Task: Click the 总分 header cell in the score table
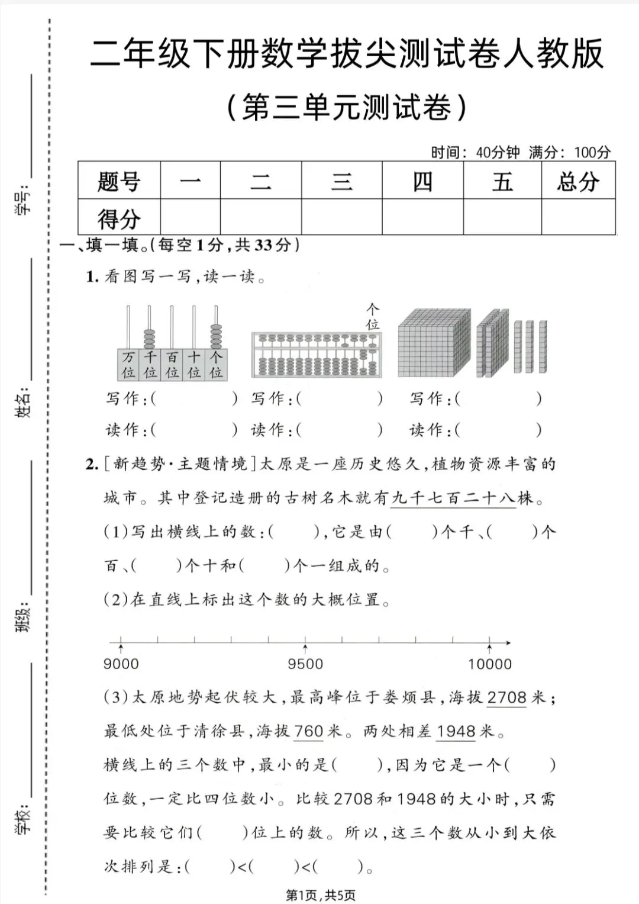(x=578, y=181)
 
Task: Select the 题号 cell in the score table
(x=119, y=181)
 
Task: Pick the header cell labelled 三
(x=341, y=181)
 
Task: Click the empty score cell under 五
(x=502, y=217)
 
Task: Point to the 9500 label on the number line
(x=305, y=664)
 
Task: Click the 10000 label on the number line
(x=490, y=664)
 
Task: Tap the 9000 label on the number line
(x=121, y=664)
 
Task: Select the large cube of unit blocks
(x=434, y=343)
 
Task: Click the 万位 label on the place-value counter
(x=128, y=365)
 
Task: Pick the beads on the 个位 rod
(x=216, y=336)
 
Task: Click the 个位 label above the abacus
(x=372, y=317)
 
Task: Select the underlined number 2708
(x=506, y=697)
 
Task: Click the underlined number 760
(x=309, y=731)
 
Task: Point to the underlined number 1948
(x=456, y=731)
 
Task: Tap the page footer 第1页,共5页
(x=321, y=895)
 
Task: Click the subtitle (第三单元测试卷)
(x=347, y=107)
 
